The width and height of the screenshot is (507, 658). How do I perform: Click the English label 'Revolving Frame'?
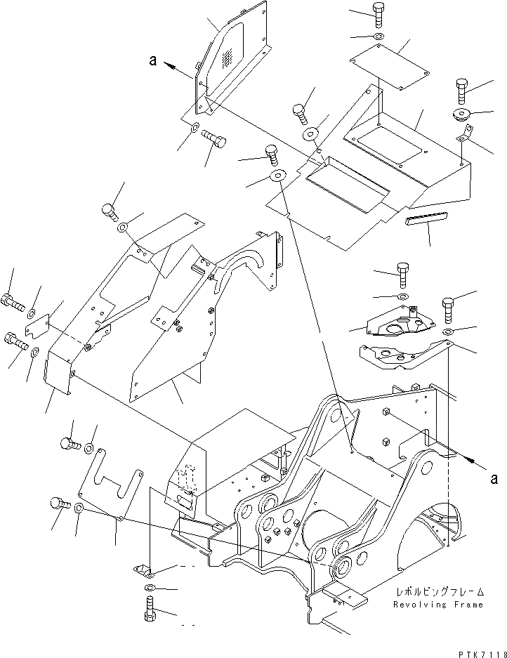pos(437,605)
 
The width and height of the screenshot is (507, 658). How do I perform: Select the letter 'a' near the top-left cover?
pos(152,61)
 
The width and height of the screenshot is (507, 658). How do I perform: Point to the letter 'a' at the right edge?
pos(494,479)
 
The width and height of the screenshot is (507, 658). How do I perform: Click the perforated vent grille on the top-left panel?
pos(228,59)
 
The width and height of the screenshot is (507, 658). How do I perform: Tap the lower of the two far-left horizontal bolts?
pos(15,341)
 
